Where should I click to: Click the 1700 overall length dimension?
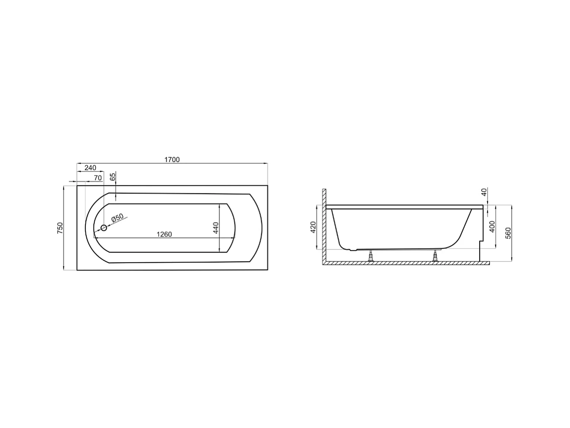click(172, 160)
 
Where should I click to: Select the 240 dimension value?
click(90, 168)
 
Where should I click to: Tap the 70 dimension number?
click(98, 178)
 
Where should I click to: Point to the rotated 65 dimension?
click(112, 177)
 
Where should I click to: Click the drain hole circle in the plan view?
click(104, 228)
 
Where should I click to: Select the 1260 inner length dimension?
click(164, 234)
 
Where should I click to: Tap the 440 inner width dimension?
click(215, 228)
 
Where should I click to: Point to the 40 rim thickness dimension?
click(484, 193)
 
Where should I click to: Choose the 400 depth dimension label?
click(492, 227)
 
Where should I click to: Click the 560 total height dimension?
click(508, 233)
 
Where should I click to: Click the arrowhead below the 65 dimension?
click(116, 197)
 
